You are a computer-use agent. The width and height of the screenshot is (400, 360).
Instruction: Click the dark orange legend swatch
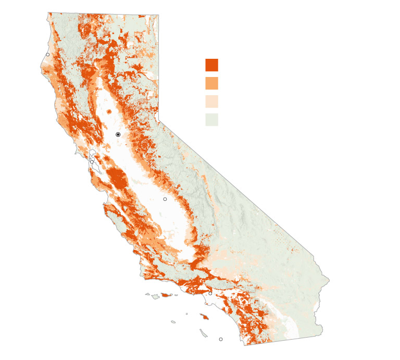coord(211,65)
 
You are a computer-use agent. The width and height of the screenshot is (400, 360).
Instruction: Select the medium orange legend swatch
coord(211,83)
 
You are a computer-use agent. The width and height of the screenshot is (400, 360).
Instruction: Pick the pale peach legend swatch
coord(211,101)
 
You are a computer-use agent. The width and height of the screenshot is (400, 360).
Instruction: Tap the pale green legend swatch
coord(211,120)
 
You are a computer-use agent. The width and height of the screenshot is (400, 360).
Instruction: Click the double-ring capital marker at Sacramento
coord(118,135)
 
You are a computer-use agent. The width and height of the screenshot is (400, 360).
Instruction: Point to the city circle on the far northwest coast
coord(47,55)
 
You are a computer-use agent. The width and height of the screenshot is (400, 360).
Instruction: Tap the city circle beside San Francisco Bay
coord(92,162)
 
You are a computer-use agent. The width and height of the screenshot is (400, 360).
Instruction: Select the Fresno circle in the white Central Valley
coord(165,199)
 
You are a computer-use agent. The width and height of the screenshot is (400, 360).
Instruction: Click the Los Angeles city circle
coord(210,293)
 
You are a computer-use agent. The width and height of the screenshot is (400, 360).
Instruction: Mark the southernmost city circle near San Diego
coord(221,339)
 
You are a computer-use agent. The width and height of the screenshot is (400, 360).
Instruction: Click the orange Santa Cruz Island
coord(166,295)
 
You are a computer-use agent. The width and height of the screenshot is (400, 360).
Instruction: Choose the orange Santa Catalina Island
coord(204,316)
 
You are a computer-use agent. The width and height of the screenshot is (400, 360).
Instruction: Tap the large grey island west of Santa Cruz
coord(155,297)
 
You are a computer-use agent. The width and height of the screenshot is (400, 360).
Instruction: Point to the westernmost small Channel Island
coord(147,294)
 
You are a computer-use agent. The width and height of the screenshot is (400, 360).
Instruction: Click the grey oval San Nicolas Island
coord(173,322)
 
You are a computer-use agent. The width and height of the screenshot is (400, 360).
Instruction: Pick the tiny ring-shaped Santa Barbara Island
coord(186,314)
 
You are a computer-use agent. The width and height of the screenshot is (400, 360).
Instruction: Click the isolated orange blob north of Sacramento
coord(109,111)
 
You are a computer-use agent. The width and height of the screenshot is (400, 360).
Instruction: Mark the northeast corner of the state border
coord(158,15)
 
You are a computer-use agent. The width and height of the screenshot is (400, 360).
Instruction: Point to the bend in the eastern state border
coord(159,121)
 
